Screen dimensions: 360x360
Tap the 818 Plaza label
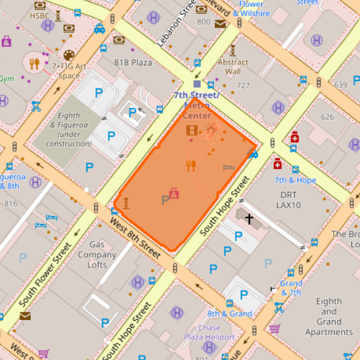(132, 63)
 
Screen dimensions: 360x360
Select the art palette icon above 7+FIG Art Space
(69, 55)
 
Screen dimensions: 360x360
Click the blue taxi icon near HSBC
(99, 29)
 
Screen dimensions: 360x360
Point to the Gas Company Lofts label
(97, 255)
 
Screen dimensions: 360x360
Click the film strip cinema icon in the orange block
(191, 130)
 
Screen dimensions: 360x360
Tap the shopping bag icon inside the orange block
(174, 193)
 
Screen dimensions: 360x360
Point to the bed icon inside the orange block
(228, 168)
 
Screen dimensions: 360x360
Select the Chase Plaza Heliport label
(209, 332)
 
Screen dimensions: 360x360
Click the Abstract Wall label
(232, 67)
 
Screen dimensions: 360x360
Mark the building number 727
(243, 86)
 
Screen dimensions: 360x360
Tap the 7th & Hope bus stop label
(295, 180)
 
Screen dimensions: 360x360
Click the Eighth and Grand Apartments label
(329, 317)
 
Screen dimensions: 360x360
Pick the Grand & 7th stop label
(291, 288)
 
